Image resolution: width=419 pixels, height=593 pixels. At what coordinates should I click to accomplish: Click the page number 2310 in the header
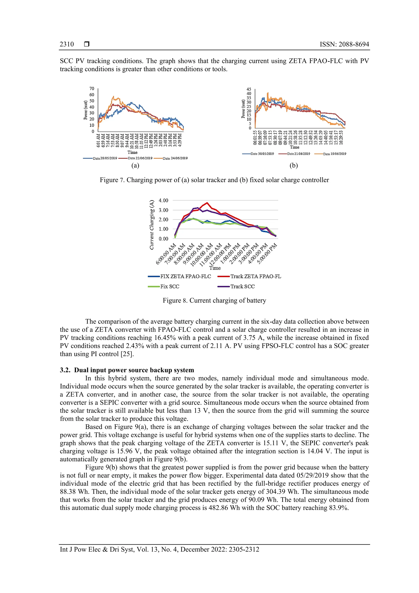coord(67,44)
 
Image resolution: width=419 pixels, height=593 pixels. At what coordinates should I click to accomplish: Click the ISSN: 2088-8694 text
coord(344,44)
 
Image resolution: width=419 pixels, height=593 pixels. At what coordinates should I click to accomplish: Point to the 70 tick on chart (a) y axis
coord(92,89)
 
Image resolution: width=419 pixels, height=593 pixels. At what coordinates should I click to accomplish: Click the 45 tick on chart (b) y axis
coord(249,89)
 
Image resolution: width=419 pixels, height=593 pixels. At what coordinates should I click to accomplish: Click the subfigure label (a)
coord(135,165)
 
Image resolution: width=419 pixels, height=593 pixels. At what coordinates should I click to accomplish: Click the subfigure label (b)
coord(294,165)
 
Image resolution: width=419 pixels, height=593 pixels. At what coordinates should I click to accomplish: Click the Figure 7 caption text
coord(214,180)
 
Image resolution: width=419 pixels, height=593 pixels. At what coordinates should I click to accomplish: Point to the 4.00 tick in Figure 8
coord(163,200)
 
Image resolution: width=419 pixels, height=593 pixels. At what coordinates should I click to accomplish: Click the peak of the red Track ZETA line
coord(207,203)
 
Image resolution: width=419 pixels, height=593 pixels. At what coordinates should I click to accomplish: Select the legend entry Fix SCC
coord(169,286)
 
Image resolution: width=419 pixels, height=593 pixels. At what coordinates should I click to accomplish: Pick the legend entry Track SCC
coord(242,286)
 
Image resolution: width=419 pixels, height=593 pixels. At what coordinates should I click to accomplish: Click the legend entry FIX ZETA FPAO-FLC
coord(185,276)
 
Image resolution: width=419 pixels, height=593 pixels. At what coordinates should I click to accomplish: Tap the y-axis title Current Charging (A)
coord(152,225)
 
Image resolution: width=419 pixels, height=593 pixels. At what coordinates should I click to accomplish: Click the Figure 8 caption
coord(214,300)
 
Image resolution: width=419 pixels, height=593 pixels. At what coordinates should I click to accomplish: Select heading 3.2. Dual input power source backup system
coord(127,370)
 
